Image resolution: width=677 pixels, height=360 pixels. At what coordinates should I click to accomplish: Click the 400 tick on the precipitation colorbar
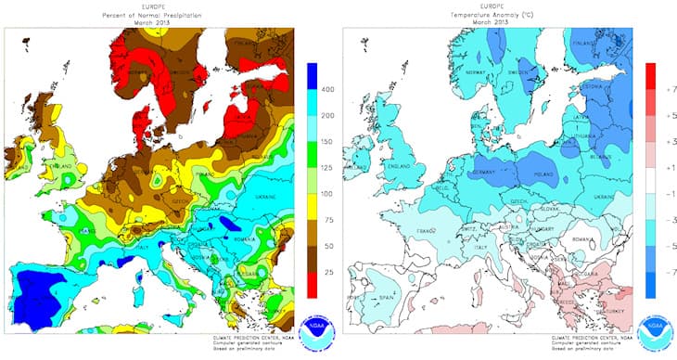tap(326, 90)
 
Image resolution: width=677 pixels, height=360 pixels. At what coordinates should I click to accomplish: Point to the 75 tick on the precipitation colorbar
tap(326, 220)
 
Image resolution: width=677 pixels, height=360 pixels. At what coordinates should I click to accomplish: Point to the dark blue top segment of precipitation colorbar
tap(312, 76)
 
